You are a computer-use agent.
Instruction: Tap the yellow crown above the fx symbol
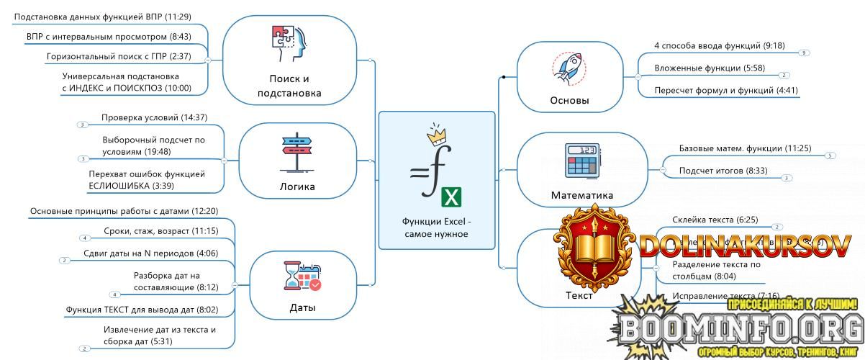(436, 135)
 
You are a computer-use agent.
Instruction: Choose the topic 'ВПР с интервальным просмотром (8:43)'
(99, 35)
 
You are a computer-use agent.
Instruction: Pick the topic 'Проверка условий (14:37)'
(154, 117)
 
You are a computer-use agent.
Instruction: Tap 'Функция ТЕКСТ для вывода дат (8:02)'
(141, 310)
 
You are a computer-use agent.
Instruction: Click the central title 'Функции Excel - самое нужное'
(436, 228)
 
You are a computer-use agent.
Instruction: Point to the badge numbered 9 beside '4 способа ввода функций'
(804, 53)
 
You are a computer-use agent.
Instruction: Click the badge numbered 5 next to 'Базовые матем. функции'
(830, 156)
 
